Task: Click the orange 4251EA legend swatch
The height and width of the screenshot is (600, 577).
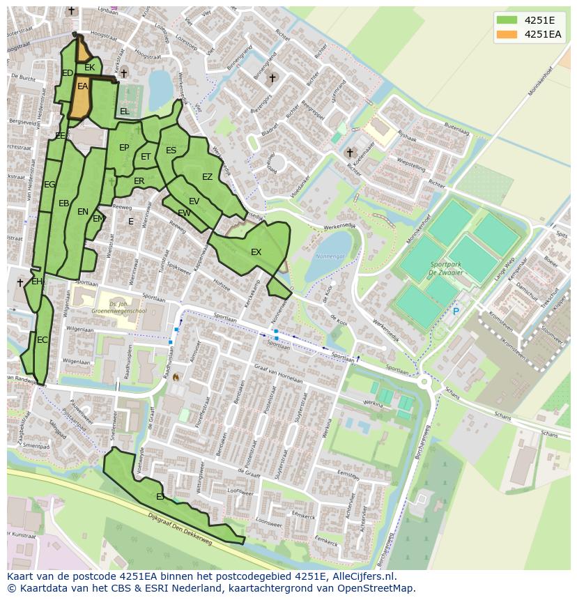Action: point(507,34)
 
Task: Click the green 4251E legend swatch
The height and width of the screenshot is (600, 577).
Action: point(507,20)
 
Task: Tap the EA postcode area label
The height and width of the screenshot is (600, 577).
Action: point(83,86)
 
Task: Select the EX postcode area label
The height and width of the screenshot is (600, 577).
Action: point(256,252)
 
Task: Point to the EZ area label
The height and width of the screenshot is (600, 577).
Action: point(207,177)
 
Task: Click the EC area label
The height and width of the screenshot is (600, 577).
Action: point(43,340)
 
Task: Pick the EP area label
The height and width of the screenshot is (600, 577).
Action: point(124,148)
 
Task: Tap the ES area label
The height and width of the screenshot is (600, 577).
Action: point(171,151)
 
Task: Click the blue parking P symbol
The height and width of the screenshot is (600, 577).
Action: point(456,311)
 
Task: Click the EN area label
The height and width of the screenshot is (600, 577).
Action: point(83,212)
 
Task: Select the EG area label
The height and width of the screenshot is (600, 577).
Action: point(49,185)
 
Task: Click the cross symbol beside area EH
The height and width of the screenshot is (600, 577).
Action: point(20,282)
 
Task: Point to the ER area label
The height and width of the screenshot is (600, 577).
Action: point(139,181)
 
